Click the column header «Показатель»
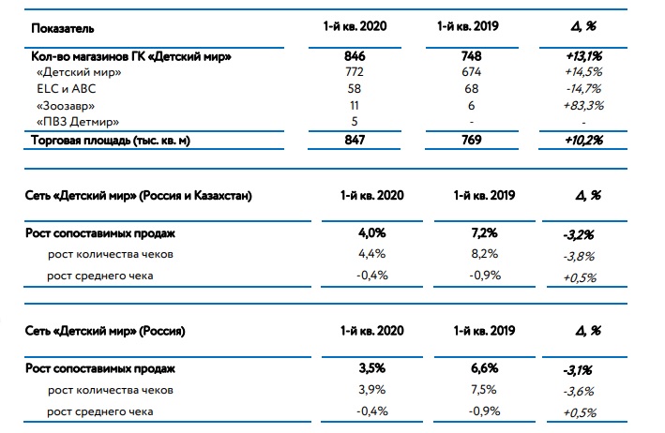coord(62,29)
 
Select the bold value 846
coord(355,56)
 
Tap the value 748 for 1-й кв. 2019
coord(471,56)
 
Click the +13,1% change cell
coord(583,56)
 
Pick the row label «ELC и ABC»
coord(67,88)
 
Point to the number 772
coord(355,72)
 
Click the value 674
coord(471,72)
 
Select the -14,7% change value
coord(583,89)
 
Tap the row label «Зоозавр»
coord(66,106)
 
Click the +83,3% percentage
coord(583,106)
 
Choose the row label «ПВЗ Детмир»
coord(78,122)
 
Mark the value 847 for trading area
coord(355,141)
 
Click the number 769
coord(472,141)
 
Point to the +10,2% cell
coord(583,141)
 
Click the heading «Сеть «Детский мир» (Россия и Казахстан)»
coord(138,196)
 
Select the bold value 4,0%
coord(372,233)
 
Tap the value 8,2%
coord(484,254)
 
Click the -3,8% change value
coord(579,256)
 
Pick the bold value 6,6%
coord(484,368)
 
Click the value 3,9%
coord(372,389)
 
